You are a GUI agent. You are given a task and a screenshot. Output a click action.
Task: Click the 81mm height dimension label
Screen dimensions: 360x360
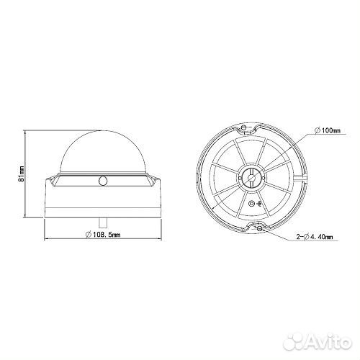point(22,174)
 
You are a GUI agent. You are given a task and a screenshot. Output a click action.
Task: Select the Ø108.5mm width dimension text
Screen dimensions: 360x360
point(103,234)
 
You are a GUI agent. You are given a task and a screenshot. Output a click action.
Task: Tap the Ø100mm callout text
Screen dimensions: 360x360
point(327,130)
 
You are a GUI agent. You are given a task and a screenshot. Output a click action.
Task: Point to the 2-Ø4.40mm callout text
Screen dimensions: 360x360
point(315,237)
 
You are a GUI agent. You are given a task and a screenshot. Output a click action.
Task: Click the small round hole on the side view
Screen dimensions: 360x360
point(103,181)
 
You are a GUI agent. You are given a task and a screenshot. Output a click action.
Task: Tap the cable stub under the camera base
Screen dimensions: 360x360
point(103,222)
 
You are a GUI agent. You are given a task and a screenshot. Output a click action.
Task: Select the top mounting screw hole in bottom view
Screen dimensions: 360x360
point(244,127)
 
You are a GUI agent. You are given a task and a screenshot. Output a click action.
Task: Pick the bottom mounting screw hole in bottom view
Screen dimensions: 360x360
point(259,229)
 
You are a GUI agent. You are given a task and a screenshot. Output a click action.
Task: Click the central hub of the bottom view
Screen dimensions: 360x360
point(251,178)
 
